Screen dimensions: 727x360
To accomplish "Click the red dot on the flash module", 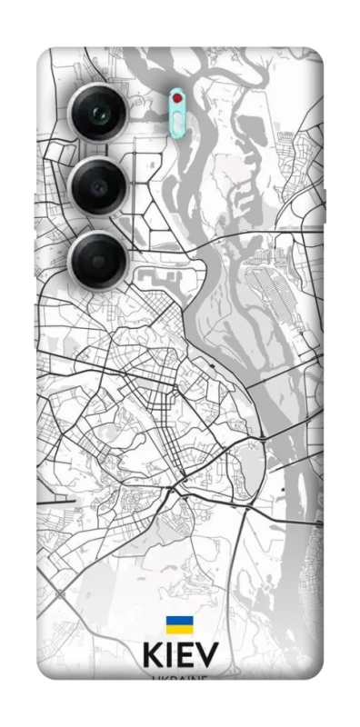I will coord(178,97).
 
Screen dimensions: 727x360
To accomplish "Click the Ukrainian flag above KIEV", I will coord(178,624).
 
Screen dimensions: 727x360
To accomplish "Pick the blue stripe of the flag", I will coord(178,621).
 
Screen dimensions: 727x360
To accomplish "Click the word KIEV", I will coord(179,656).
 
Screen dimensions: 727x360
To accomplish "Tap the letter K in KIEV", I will coord(153,656).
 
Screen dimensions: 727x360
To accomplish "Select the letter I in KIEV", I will coord(171,656).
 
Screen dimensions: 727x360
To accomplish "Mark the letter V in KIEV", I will coord(207,656).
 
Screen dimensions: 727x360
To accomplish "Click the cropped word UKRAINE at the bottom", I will coord(179,677).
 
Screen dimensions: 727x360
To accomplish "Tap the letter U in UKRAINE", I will coord(155,677).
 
